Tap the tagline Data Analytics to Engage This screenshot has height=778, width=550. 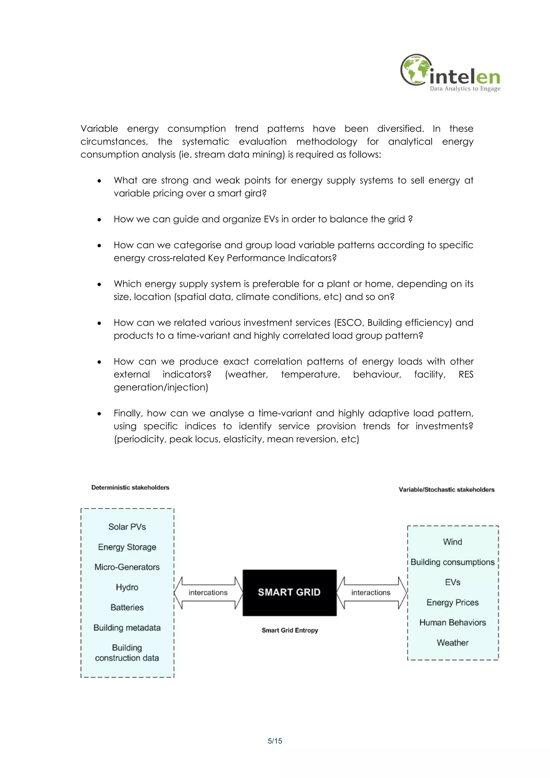pyautogui.click(x=465, y=89)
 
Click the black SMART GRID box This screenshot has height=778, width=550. pyautogui.click(x=290, y=592)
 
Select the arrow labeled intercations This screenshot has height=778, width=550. pyautogui.click(x=208, y=593)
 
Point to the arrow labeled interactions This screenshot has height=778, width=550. pyautogui.click(x=371, y=593)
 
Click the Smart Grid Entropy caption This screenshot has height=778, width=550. pyautogui.click(x=290, y=630)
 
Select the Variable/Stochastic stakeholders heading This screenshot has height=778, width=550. pyautogui.click(x=446, y=490)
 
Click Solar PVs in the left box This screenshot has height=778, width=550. pyautogui.click(x=127, y=527)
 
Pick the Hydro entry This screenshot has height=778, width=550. pyautogui.click(x=127, y=587)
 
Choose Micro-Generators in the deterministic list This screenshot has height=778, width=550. pyautogui.click(x=127, y=567)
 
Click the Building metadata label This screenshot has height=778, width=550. pyautogui.click(x=127, y=628)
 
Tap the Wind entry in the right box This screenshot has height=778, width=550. pyautogui.click(x=453, y=542)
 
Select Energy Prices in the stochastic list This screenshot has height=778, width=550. pyautogui.click(x=453, y=602)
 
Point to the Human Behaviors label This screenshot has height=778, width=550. pyautogui.click(x=453, y=623)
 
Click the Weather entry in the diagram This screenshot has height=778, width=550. pyautogui.click(x=453, y=643)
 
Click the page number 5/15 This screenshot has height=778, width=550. pyautogui.click(x=275, y=741)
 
